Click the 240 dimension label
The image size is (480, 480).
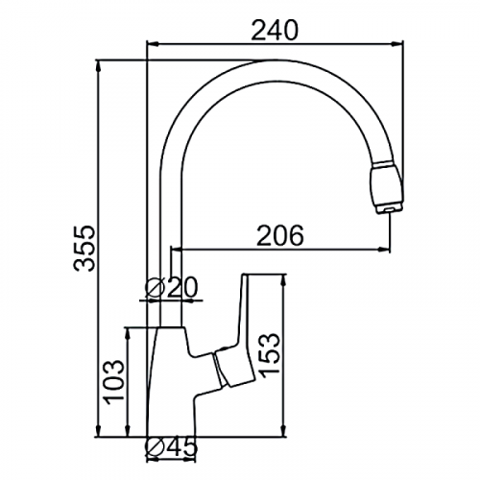[275, 31]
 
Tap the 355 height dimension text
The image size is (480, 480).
[84, 249]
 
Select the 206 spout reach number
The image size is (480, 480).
[280, 236]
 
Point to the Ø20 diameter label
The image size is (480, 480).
[171, 287]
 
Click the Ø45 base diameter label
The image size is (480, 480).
[170, 446]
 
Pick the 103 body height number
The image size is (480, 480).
[112, 382]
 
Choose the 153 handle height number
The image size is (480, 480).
[269, 355]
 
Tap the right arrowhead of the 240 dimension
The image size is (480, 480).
[397, 44]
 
